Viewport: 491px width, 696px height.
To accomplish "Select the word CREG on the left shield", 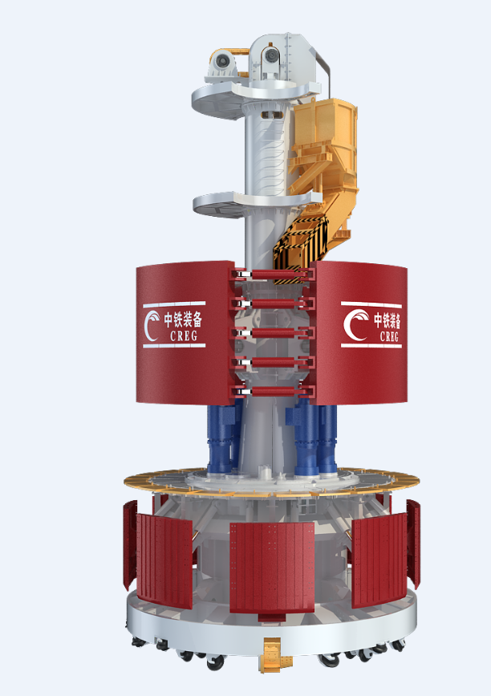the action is tap(184, 336).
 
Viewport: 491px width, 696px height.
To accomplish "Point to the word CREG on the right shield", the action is tap(389, 336).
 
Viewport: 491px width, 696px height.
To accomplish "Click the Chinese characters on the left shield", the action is tap(183, 320).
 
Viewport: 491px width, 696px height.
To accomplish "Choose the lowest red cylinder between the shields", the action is tap(274, 392).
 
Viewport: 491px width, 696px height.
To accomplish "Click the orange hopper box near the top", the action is tap(325, 133).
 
